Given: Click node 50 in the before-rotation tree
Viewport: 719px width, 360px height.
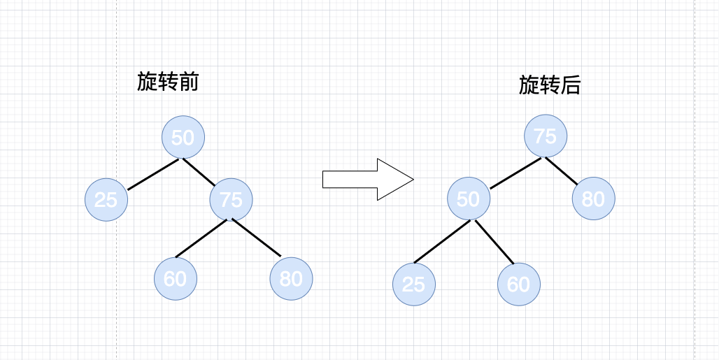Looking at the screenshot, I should [183, 137].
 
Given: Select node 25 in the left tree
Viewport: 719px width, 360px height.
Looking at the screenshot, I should [106, 200].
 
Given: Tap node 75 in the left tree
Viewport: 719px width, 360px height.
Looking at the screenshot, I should [231, 200].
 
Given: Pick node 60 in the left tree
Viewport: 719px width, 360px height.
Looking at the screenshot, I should [175, 278].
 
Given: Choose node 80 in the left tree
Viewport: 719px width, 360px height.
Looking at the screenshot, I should [291, 278].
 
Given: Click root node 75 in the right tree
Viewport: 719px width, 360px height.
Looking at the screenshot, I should [545, 136].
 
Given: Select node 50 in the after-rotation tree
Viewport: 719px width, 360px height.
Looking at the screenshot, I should [468, 199].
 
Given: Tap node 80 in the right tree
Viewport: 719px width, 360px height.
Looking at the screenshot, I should [593, 199].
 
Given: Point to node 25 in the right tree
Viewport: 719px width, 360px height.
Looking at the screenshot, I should [413, 284].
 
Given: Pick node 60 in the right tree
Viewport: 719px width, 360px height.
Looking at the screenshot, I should [518, 284].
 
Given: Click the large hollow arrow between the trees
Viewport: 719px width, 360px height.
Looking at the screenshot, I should [368, 180].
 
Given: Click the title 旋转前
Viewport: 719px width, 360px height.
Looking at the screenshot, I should [168, 82].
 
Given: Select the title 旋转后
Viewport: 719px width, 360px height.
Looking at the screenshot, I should [550, 85].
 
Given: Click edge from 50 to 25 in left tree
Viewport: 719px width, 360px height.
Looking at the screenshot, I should [153, 174].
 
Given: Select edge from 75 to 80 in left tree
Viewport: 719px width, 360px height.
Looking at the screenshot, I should [256, 238].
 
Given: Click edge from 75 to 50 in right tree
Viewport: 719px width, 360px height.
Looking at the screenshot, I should [515, 173].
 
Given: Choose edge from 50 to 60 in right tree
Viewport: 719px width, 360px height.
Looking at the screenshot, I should [494, 242].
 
